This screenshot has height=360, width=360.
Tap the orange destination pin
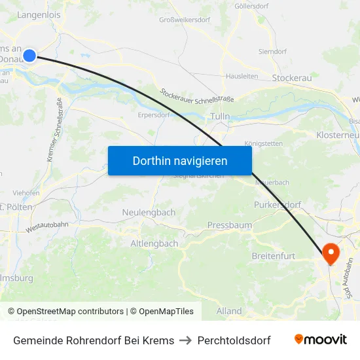click(x=331, y=253)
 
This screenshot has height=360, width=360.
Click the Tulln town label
click(x=221, y=116)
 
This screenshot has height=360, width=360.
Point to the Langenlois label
click(x=38, y=14)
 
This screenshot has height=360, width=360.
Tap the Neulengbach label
click(x=149, y=212)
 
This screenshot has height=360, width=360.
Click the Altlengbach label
click(x=154, y=243)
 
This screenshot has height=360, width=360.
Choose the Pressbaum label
click(x=229, y=225)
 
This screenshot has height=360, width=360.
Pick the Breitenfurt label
click(x=273, y=256)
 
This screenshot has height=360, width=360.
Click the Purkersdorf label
click(x=277, y=205)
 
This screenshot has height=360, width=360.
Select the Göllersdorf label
click(x=253, y=6)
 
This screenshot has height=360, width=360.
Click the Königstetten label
click(x=263, y=143)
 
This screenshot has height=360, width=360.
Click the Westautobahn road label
click(x=47, y=227)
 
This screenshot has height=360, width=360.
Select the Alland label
click(x=229, y=311)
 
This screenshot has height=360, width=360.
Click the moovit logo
click(x=320, y=340)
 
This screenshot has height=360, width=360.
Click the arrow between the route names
click(x=186, y=340)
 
